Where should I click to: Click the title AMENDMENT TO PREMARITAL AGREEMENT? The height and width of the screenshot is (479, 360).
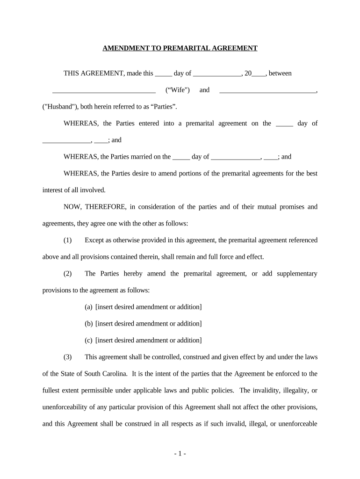tap(180, 48)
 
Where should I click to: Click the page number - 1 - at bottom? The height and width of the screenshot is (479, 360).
tap(180, 453)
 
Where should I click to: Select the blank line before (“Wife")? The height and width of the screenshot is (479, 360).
tap(104, 90)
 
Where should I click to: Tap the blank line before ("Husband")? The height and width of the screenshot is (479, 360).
tap(268, 90)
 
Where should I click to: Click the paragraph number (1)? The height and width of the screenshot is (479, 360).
tap(68, 240)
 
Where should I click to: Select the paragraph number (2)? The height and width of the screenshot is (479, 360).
tap(68, 274)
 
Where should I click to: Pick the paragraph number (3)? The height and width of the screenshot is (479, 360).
tap(68, 357)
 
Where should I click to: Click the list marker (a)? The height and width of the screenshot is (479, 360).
tap(88, 307)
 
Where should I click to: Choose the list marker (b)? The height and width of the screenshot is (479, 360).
tap(88, 324)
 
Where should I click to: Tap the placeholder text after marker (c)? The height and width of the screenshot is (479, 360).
tap(149, 341)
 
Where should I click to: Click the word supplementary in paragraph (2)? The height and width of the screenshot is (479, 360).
tap(297, 274)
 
